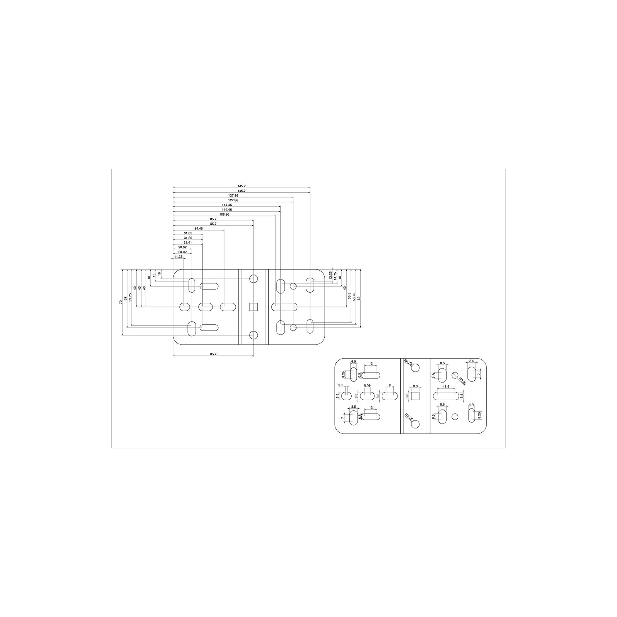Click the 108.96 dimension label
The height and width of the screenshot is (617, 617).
pos(224,214)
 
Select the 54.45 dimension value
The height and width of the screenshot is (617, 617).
pos(199,229)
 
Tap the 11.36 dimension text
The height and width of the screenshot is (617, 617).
pos(178,256)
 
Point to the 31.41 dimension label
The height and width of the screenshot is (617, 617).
pos(188,243)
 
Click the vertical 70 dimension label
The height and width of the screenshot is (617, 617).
pos(121,302)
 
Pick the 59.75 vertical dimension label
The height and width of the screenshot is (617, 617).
pos(130,298)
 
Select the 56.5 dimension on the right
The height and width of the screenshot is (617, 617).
pos(349,296)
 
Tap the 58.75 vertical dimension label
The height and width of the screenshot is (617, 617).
pos(354,297)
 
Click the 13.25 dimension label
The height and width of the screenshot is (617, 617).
pos(330,275)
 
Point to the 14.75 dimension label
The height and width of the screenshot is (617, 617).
pos(335,276)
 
